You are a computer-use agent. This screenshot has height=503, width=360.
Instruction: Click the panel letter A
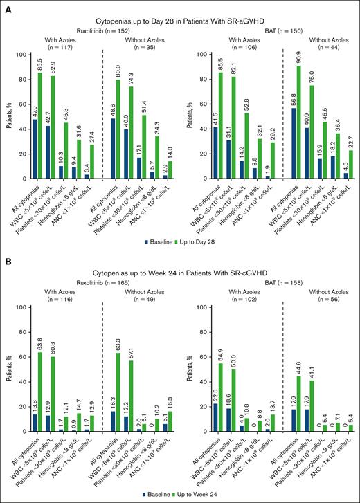8,8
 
